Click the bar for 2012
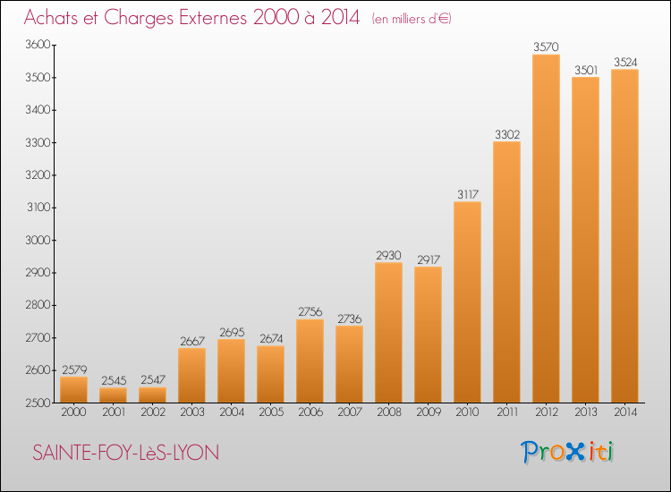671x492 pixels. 546,228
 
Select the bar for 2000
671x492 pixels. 73,390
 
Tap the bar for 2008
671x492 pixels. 388,333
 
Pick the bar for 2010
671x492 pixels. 467,302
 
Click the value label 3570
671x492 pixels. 546,47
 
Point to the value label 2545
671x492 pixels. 114,380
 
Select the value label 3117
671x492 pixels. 468,195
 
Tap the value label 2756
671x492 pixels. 310,312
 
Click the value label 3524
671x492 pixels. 625,63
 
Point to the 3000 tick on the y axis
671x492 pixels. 38,240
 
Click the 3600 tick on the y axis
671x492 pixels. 38,45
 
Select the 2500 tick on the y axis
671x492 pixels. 38,403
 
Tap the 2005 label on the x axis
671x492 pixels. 271,412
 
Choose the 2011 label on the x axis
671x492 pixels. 507,412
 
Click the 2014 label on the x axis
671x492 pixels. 625,412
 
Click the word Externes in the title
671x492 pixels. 213,18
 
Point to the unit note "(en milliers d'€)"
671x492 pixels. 412,19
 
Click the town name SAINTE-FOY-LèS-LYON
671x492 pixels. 126,453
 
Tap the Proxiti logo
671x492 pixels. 567,453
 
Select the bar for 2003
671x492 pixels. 191,375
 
